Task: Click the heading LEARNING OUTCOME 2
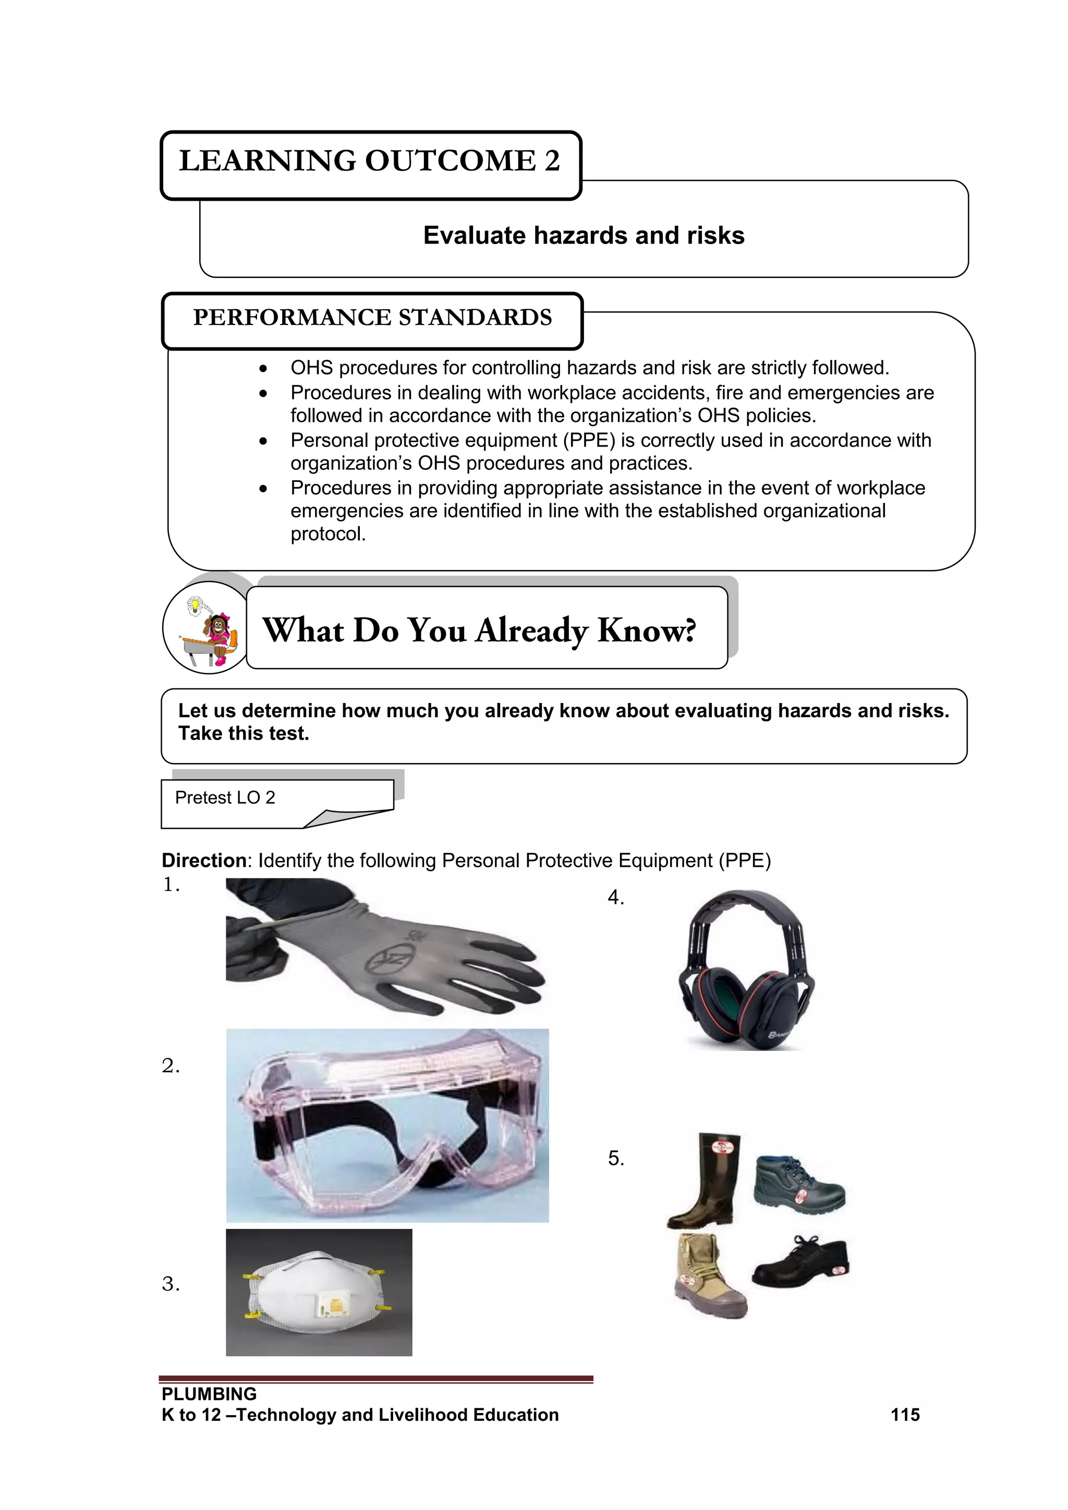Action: pyautogui.click(x=370, y=161)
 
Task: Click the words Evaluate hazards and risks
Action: pyautogui.click(x=584, y=235)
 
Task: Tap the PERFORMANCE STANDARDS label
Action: pyautogui.click(x=372, y=318)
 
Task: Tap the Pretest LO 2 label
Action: pyautogui.click(x=225, y=798)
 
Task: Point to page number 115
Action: pyautogui.click(x=905, y=1415)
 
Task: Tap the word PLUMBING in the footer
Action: pyautogui.click(x=209, y=1394)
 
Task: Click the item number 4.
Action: pyautogui.click(x=615, y=898)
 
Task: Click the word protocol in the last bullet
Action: pyautogui.click(x=327, y=534)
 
